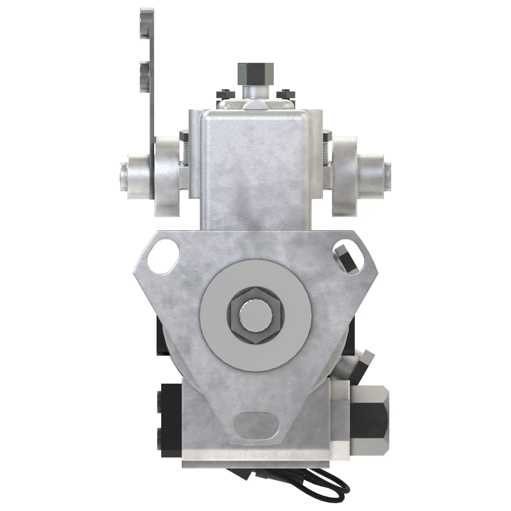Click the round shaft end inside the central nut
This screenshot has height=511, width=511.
[x=255, y=316]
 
